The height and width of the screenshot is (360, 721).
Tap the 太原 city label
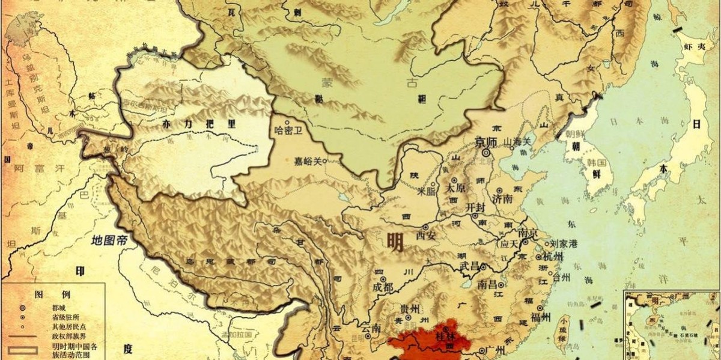coord(456,187)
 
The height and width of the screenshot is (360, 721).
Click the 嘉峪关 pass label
coord(308,161)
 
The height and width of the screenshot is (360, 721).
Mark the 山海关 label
coord(518,141)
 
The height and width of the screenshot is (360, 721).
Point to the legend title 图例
coord(53,294)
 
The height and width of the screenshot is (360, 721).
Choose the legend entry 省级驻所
coord(64,317)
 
